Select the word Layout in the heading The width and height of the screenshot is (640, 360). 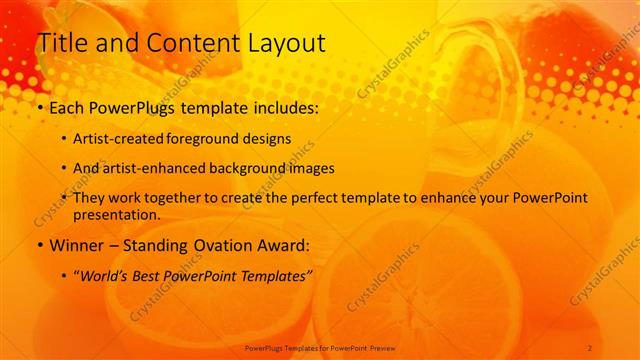[x=282, y=43]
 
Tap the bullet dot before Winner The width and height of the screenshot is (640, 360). [x=38, y=245]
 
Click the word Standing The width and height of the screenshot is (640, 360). [x=159, y=245]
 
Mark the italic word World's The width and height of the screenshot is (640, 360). [x=105, y=275]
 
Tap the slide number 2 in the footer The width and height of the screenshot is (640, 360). [x=590, y=347]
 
